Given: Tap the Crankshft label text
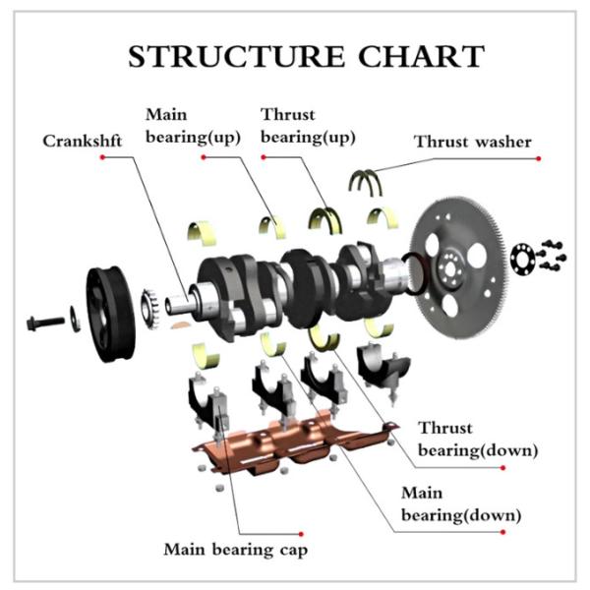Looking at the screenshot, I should [83, 141].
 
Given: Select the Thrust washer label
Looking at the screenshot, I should [472, 142].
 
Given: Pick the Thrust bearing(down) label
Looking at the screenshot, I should [478, 440].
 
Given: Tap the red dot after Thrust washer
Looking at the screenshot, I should [538, 157].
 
